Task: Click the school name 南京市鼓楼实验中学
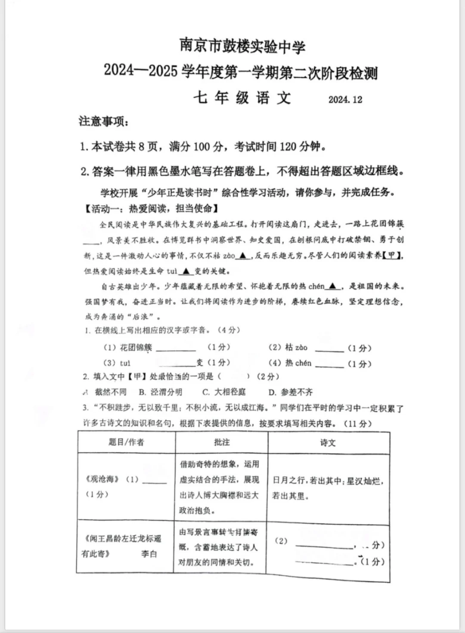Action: click(x=242, y=46)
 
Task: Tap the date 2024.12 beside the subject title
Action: click(x=345, y=99)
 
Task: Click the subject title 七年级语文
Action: click(x=242, y=98)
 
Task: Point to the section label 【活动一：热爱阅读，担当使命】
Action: click(x=150, y=209)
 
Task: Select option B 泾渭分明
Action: click(x=161, y=392)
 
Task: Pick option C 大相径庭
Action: click(x=224, y=392)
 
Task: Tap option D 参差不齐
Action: click(x=291, y=392)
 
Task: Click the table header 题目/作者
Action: click(x=126, y=442)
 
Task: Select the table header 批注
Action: click(x=222, y=442)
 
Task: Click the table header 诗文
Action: click(x=328, y=443)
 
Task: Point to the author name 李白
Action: click(x=149, y=554)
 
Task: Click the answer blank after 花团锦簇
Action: click(x=176, y=349)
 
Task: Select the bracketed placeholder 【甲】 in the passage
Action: click(x=392, y=255)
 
